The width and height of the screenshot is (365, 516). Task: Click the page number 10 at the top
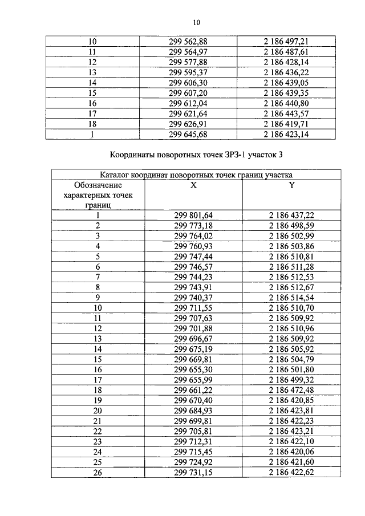click(196, 22)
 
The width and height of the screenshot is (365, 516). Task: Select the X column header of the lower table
click(193, 185)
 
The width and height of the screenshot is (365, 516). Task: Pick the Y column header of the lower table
click(291, 185)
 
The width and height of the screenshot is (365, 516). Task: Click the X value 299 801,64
click(193, 216)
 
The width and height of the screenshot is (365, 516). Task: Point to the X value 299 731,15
click(193, 473)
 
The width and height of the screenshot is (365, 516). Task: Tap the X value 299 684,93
click(193, 411)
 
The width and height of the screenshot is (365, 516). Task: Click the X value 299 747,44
click(193, 257)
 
